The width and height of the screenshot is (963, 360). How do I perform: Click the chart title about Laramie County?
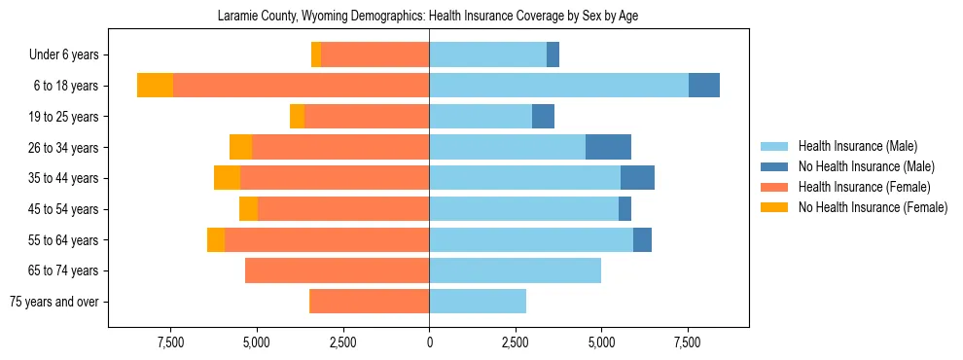tap(428, 17)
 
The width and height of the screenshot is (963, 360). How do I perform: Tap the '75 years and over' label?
tap(54, 302)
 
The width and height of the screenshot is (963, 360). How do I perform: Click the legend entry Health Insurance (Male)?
tap(857, 146)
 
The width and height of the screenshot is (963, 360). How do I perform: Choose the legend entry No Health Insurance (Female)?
tap(873, 207)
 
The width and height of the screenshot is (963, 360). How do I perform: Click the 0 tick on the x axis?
tap(429, 342)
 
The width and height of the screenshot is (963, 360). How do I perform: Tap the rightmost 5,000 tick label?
tap(601, 342)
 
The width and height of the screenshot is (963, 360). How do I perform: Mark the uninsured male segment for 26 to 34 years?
tap(608, 147)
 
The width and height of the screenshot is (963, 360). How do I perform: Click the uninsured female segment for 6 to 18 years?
tap(155, 86)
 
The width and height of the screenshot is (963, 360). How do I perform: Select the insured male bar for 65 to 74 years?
tap(515, 270)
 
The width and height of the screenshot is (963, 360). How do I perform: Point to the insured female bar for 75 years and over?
tap(369, 302)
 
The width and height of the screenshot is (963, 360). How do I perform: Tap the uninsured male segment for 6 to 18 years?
tap(704, 86)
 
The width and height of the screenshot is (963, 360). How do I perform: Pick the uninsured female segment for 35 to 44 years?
tap(227, 178)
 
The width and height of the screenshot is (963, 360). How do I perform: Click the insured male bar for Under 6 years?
tap(487, 55)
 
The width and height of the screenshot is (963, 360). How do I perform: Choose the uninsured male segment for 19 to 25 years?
tap(543, 117)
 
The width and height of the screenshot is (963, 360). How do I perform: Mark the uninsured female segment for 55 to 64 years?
tap(216, 240)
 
